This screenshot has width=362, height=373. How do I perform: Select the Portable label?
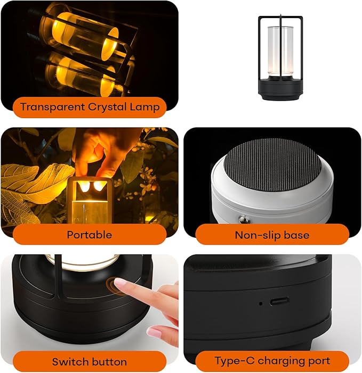[89, 234]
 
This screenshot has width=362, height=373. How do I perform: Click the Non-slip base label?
[272, 235]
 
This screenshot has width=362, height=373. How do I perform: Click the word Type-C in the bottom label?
[232, 361]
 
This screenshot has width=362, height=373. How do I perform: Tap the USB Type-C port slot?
[279, 301]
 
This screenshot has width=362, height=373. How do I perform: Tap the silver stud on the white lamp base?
[243, 219]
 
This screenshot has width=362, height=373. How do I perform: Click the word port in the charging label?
[318, 361]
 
